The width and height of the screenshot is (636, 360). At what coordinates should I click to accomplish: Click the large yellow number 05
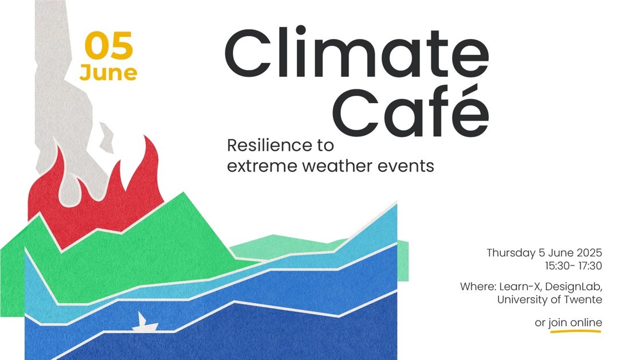(x=109, y=45)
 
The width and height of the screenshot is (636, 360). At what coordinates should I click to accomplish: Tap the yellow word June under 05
(x=108, y=73)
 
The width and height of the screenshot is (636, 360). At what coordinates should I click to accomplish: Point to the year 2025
(x=590, y=253)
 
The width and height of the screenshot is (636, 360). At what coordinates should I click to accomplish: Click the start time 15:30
(x=556, y=266)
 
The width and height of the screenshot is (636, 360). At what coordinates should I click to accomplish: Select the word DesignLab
(x=574, y=287)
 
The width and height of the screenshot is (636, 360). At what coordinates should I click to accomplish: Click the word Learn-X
(x=520, y=287)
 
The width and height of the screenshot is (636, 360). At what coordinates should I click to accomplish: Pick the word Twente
(x=584, y=300)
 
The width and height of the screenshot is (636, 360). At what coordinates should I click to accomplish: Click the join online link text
(x=575, y=323)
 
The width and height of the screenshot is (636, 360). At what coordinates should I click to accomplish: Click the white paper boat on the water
(x=144, y=323)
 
